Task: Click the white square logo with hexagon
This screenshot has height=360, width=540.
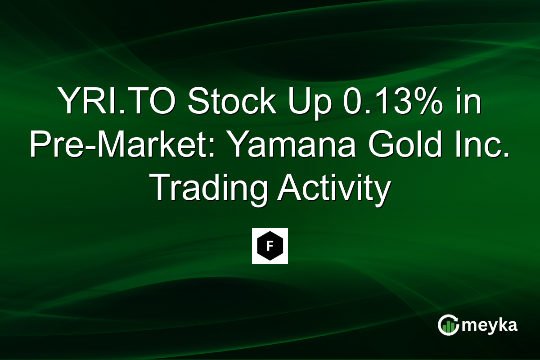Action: point(270,246)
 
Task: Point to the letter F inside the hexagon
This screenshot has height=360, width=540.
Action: point(270,247)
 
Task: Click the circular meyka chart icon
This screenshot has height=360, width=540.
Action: point(448,325)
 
